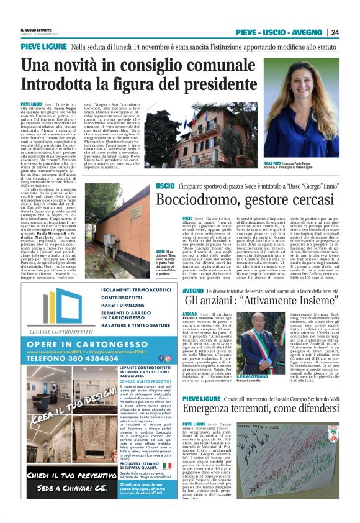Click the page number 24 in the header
tap(335, 32)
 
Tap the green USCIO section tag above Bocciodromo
tap(164, 187)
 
